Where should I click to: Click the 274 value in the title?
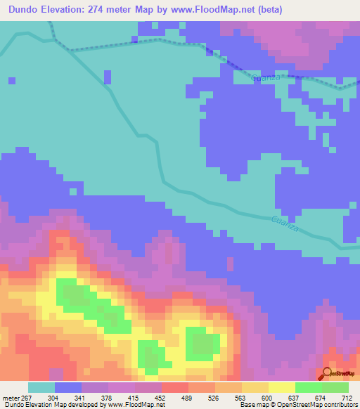(116, 8)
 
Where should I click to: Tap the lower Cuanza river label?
(285, 225)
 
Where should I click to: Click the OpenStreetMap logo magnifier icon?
(328, 373)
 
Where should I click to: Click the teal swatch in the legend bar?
(41, 387)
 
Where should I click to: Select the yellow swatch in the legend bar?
(282, 387)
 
